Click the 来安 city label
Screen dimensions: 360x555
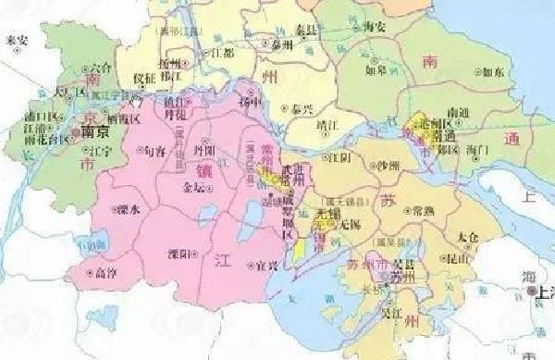(x=17, y=42)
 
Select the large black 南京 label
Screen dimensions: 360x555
(x=94, y=131)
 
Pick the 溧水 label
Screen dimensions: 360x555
(x=127, y=211)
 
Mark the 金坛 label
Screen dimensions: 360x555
(x=197, y=186)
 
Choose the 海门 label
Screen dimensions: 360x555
(x=478, y=148)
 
